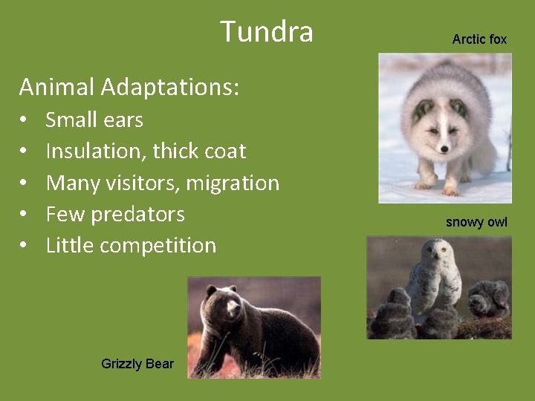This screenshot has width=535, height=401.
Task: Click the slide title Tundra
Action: tap(267, 32)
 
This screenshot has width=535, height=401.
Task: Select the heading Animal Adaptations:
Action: tap(129, 88)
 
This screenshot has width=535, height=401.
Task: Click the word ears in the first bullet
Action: tap(124, 120)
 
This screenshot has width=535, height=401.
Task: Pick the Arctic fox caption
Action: tap(479, 39)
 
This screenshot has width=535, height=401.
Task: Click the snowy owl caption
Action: tap(476, 222)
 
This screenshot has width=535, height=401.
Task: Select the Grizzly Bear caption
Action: tap(137, 364)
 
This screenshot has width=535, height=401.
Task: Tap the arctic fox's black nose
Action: tap(444, 149)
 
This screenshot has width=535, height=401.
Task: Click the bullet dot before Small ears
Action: tap(24, 120)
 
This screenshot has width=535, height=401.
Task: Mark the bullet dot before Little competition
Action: tap(24, 246)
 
